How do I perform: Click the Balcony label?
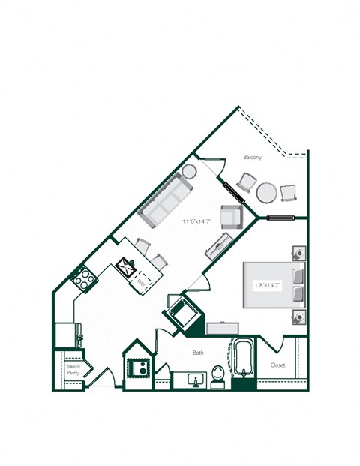pos(252,157)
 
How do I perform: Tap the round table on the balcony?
pos(267,192)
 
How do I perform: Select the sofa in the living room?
pos(167,199)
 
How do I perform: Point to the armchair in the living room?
pos(232,215)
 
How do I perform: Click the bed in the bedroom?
pos(273,284)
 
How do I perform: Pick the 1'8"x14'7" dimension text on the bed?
pos(266,284)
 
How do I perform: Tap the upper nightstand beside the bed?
pos(298,253)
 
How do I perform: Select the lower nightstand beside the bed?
pos(298,316)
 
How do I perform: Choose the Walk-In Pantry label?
pos(73,369)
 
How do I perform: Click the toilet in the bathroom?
pos(217,374)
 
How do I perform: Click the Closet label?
pos(277,365)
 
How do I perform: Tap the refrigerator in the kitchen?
pos(66,333)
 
